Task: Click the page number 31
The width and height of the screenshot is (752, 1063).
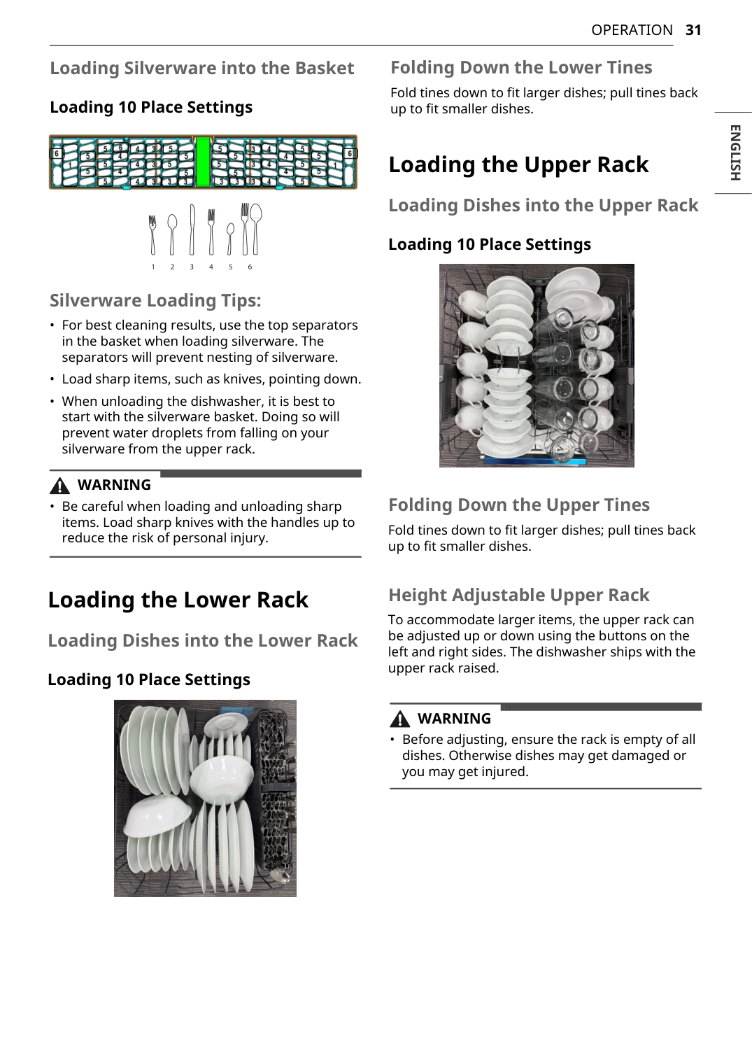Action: point(693,30)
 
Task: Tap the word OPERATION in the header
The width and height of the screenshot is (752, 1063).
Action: point(632,30)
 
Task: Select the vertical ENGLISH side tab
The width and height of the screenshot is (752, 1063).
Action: point(735,153)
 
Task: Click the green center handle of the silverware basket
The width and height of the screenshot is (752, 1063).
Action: point(203,162)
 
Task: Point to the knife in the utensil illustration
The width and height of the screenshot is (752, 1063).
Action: point(192,230)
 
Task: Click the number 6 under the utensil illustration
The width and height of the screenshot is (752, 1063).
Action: point(250,267)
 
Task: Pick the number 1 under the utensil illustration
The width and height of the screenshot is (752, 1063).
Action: point(153,267)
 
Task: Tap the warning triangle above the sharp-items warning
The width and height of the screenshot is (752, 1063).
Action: point(61,486)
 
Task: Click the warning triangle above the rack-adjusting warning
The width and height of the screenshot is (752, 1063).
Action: point(400,719)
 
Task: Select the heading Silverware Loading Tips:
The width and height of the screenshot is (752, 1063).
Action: point(155,300)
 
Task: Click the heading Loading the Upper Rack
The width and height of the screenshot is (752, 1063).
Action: point(518,164)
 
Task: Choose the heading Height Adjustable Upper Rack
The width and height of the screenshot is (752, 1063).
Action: point(518,595)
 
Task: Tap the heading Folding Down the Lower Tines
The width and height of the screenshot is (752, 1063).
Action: point(521,67)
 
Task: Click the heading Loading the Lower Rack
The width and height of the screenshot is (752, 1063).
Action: point(178,600)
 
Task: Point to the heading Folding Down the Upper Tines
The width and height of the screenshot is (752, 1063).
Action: point(518,505)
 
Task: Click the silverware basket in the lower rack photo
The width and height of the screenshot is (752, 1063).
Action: point(277,798)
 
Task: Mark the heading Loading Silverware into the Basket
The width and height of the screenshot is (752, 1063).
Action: point(201,68)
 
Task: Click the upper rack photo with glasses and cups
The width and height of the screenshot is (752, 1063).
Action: point(537,365)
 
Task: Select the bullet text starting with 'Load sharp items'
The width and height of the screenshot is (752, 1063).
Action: point(211,379)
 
